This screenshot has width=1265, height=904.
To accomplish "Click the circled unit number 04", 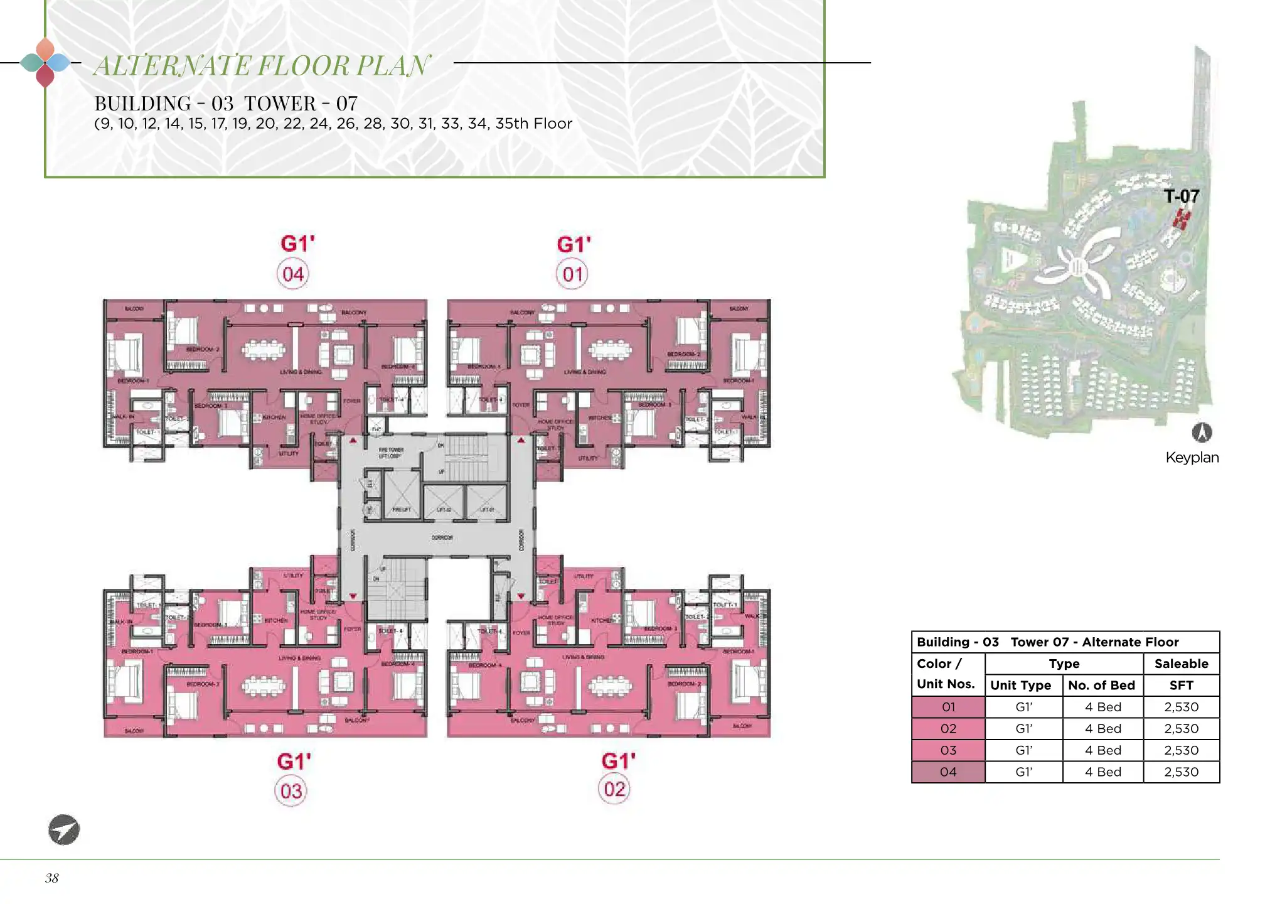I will point(293,274).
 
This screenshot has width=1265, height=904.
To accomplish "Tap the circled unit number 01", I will point(572,274).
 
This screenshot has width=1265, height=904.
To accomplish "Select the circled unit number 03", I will point(291,791).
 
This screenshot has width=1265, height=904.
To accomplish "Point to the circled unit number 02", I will point(615,789).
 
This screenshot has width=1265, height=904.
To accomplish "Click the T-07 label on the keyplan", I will point(1182,196).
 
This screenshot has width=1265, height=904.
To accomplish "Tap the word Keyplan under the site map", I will point(1192,458).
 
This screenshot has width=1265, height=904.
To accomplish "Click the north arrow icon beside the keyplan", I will point(1202,433).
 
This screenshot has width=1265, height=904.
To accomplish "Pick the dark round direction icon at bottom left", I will point(64,830).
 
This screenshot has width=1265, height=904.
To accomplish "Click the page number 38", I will point(51,878).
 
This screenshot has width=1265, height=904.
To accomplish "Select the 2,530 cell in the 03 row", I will point(1182,750).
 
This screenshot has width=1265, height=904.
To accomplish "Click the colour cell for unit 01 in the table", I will point(948,707).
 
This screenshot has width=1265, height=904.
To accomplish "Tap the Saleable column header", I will point(1182,664).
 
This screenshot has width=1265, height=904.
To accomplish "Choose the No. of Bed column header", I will point(1102,686).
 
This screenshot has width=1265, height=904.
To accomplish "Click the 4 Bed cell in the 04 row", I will point(1103,772).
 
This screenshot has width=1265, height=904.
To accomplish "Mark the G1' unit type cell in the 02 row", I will point(1024,729).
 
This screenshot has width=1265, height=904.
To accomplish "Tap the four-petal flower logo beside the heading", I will point(45,63).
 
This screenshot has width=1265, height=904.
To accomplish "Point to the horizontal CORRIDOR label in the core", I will point(442,538).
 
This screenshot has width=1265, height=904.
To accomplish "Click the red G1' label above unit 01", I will point(574,244).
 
